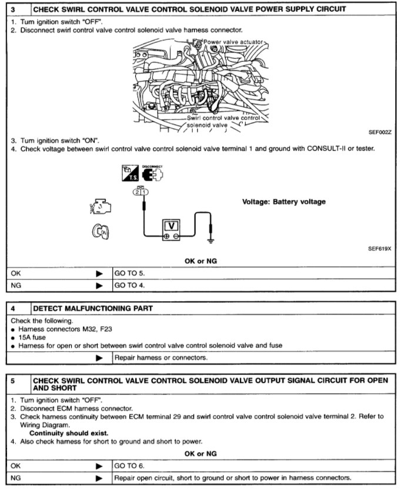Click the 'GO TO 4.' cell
click(129, 286)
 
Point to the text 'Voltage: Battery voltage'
click(284, 201)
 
